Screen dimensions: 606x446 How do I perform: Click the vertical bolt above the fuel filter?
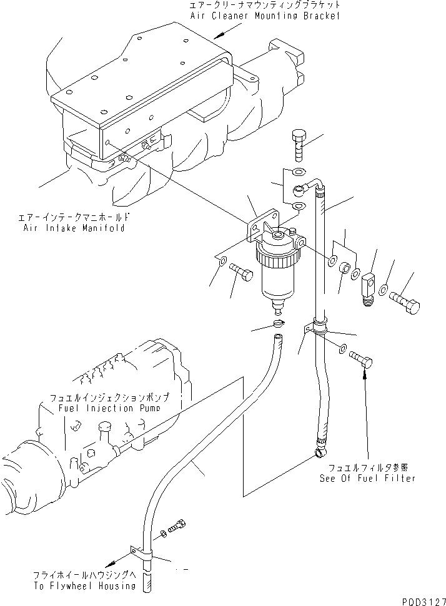click(x=299, y=147)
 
